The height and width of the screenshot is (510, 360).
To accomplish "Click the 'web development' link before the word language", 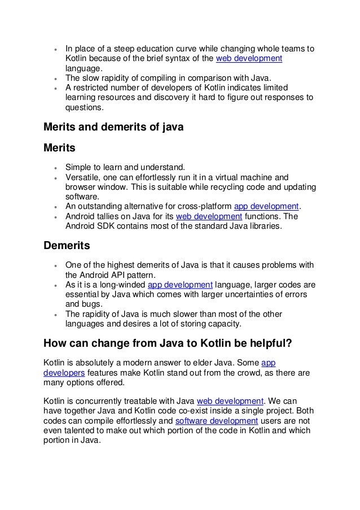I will tap(249, 59).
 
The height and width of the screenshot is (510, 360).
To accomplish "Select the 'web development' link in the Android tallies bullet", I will tap(209, 216).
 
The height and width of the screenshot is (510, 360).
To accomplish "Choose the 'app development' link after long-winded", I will tap(179, 284).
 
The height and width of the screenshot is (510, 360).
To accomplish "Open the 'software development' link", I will tap(217, 421).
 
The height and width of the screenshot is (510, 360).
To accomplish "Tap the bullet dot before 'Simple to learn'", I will tap(55, 168).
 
